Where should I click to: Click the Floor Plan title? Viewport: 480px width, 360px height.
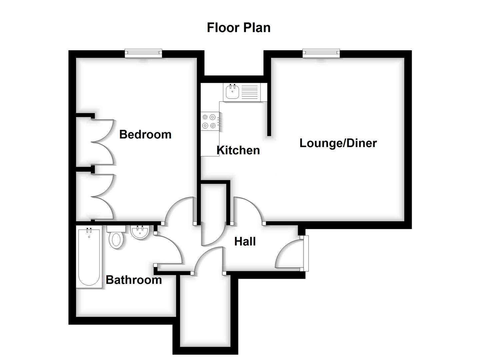point(238,28)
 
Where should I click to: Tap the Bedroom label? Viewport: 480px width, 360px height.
point(145,134)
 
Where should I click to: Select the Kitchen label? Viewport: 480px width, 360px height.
point(238,150)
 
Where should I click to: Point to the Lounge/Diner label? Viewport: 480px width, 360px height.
point(338,143)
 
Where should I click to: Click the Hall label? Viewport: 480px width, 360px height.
point(245,241)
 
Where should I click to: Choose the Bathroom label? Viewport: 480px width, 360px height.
point(134,280)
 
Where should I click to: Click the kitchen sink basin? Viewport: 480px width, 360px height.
point(232,92)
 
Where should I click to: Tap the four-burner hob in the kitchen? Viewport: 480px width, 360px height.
point(209,121)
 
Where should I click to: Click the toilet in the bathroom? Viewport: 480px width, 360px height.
point(116,238)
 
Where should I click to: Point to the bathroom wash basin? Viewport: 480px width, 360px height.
point(140,232)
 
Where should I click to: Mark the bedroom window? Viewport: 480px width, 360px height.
point(143,53)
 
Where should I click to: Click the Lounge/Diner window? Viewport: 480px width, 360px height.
point(321,53)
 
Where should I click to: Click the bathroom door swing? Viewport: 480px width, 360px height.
point(170,250)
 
